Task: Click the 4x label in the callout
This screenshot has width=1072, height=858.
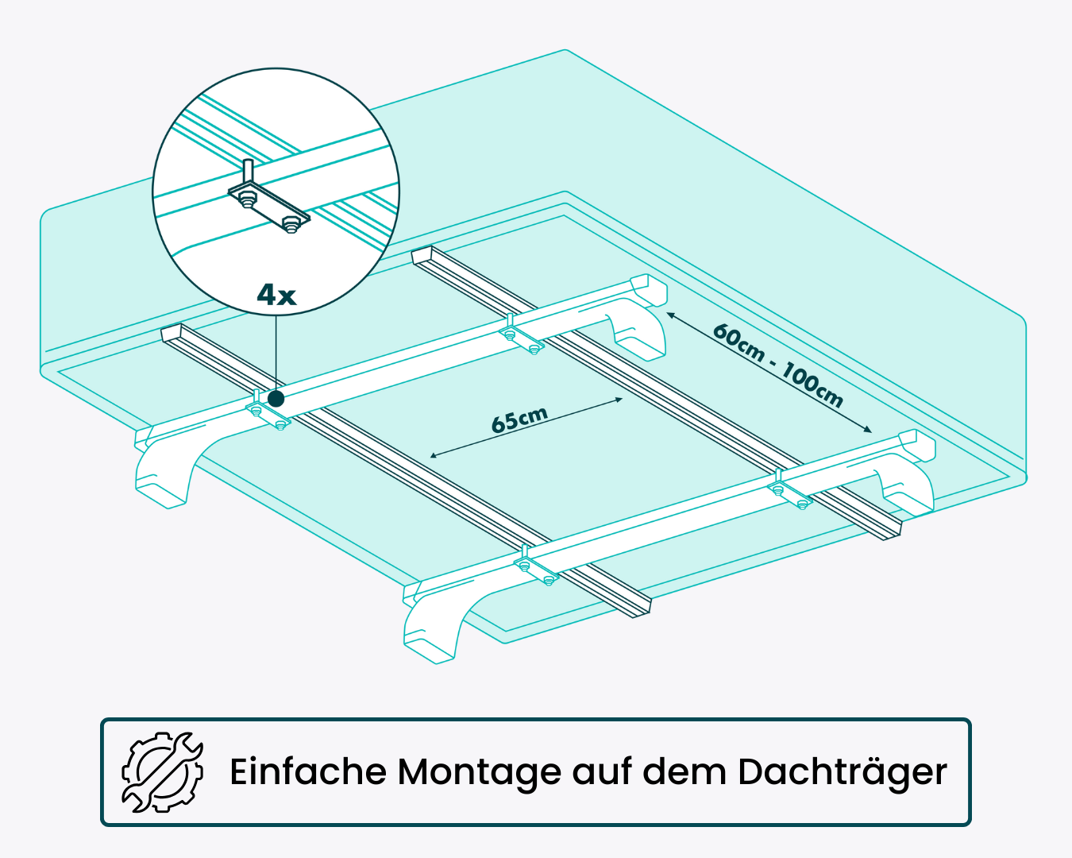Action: point(276,296)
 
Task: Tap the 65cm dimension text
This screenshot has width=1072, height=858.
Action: point(519,419)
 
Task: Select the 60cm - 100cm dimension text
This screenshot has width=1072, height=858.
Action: point(777,365)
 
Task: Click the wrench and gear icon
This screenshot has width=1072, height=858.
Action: point(163,771)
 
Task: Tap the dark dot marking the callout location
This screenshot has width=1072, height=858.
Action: point(276,399)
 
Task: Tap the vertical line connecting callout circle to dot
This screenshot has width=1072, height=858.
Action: point(276,350)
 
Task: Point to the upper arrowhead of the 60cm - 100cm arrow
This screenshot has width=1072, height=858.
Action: point(669,315)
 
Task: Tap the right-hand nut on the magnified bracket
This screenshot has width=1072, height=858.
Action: point(292,224)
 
